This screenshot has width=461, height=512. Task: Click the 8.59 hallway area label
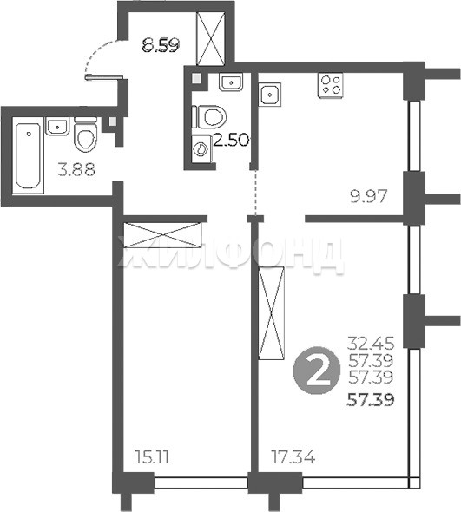pyautogui.click(x=161, y=45)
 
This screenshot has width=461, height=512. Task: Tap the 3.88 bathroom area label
pyautogui.click(x=76, y=170)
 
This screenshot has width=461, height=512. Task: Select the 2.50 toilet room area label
pyautogui.click(x=231, y=140)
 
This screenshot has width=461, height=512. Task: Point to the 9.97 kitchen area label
pyautogui.click(x=368, y=197)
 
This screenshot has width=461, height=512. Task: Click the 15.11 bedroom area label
pyautogui.click(x=152, y=457)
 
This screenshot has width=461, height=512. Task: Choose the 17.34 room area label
pyautogui.click(x=293, y=457)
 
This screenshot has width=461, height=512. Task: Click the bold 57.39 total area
pyautogui.click(x=371, y=400)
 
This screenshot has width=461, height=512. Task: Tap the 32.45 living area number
pyautogui.click(x=371, y=343)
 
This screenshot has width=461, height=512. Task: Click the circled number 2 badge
pyautogui.click(x=318, y=371)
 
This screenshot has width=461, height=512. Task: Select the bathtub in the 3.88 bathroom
pyautogui.click(x=29, y=155)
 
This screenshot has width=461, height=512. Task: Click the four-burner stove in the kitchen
pyautogui.click(x=331, y=86)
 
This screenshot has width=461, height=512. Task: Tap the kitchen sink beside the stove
pyautogui.click(x=270, y=95)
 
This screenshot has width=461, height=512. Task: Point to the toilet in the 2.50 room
pyautogui.click(x=209, y=116)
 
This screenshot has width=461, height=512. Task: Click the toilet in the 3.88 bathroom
pyautogui.click(x=86, y=135)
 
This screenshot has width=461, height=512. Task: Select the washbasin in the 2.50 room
pyautogui.click(x=231, y=82)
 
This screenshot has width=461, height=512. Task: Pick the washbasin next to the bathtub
pyautogui.click(x=58, y=126)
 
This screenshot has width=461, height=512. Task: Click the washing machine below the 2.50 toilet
pyautogui.click(x=202, y=148)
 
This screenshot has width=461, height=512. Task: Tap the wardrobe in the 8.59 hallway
pyautogui.click(x=211, y=38)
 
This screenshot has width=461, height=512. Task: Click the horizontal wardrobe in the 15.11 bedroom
pyautogui.click(x=162, y=235)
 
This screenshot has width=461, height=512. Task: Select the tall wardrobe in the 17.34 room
pyautogui.click(x=271, y=312)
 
